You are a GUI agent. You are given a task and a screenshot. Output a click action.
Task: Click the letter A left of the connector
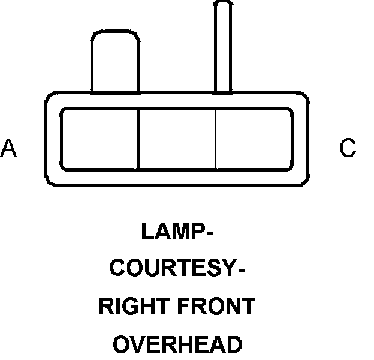[8, 148]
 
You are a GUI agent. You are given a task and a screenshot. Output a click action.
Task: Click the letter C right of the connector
[348, 148]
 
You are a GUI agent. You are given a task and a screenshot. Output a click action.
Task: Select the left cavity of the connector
[100, 139]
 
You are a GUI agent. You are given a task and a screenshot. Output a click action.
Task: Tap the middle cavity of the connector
[177, 139]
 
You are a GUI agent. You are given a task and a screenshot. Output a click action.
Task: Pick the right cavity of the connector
[254, 139]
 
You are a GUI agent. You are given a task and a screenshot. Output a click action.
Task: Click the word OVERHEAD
[178, 344]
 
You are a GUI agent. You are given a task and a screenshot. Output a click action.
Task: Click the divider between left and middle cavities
[139, 139]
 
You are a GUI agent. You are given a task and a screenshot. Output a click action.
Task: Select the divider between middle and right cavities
[216, 139]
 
